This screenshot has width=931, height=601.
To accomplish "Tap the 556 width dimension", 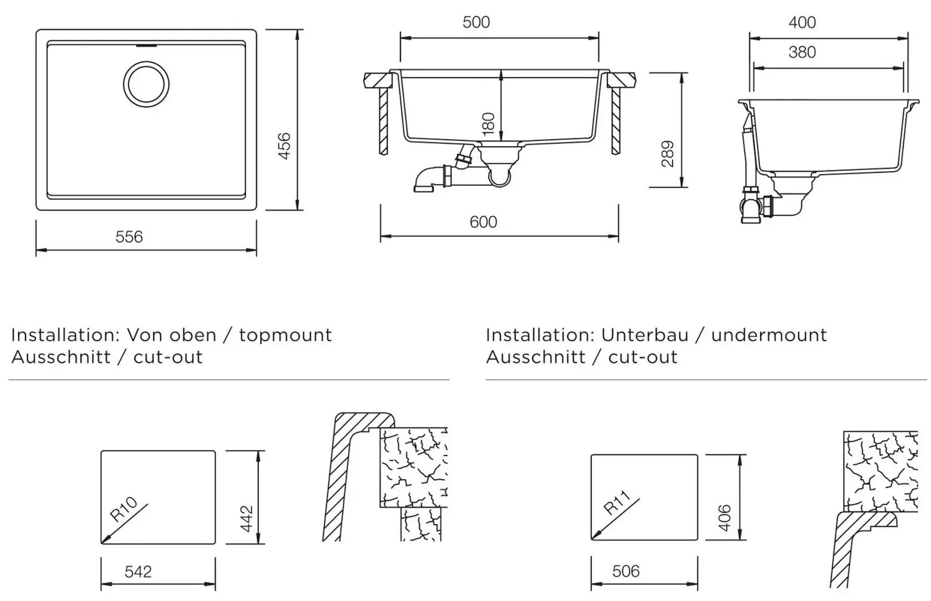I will pos(129,237).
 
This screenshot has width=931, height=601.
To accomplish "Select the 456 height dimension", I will pos(284,146).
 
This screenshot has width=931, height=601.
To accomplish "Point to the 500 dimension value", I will pos(476,22).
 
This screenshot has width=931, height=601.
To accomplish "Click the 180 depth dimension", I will pos(488,124).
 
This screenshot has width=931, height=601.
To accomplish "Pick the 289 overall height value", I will pos(668,154).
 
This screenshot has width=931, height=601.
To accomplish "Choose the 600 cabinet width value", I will pos(483,222).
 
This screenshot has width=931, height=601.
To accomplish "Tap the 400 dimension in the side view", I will pos(802,22).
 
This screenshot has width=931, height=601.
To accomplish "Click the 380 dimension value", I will pos(802,52).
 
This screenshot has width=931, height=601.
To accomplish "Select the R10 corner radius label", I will pos(123,509).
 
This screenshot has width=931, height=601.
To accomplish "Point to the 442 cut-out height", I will pos(246,518).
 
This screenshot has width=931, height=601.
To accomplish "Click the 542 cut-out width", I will pos(138,572).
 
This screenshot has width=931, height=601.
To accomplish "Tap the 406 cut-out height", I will pos(725,518).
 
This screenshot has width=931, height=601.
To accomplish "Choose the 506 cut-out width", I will pos(626,572).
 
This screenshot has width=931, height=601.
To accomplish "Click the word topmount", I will pos(285,335).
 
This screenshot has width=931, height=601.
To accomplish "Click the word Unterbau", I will pos(645,335).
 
